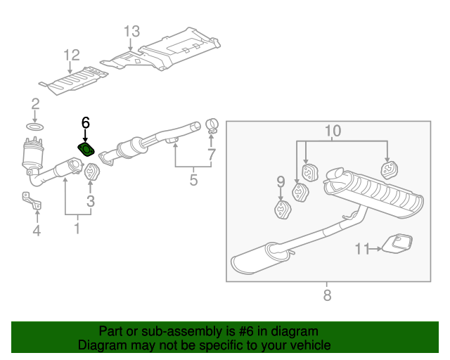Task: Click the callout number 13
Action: tap(132, 32)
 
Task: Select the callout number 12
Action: tap(72, 55)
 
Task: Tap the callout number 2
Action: tap(35, 105)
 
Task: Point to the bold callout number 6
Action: tap(86, 122)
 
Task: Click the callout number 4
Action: tap(37, 231)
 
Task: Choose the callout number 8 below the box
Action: tap(327, 296)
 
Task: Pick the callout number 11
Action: tap(361, 248)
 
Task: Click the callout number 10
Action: tap(333, 130)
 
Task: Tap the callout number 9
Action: tap(281, 182)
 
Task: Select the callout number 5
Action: tap(194, 181)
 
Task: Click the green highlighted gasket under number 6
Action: tap(86, 149)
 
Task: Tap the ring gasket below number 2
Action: tap(35, 127)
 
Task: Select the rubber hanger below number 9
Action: tap(281, 209)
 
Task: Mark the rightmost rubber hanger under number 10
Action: tap(388, 169)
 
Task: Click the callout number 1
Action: tap(77, 229)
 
